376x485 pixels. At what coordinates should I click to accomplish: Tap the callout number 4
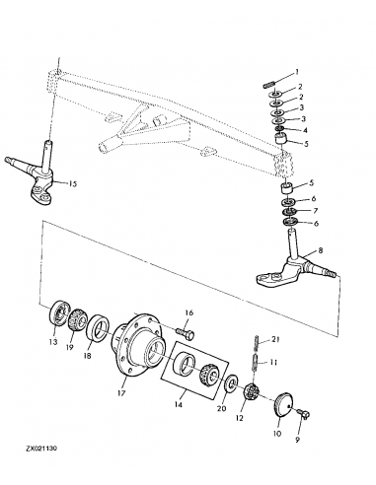(304, 129)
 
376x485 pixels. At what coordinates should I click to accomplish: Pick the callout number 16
(189, 313)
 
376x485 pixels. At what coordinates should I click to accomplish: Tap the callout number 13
(53, 345)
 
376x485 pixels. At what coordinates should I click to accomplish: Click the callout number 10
(276, 433)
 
